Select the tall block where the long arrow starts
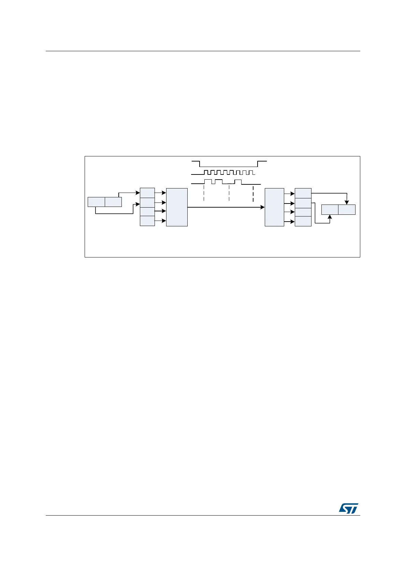pyautogui.click(x=177, y=207)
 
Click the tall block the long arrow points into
pyautogui.click(x=274, y=207)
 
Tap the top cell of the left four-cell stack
pyautogui.click(x=147, y=193)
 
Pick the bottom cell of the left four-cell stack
pyautogui.click(x=147, y=221)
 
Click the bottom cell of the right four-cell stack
pyautogui.click(x=303, y=221)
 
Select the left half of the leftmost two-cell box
pyautogui.click(x=96, y=202)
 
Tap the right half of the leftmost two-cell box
pyautogui.click(x=113, y=202)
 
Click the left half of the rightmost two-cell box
pyautogui.click(x=330, y=210)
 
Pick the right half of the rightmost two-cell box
pyautogui.click(x=347, y=210)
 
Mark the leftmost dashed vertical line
pyautogui.click(x=204, y=193)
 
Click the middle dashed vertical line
pyautogui.click(x=229, y=193)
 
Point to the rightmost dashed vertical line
pyautogui.click(x=253, y=193)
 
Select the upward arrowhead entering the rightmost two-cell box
pyautogui.click(x=330, y=217)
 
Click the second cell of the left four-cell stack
pyautogui.click(x=147, y=202)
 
